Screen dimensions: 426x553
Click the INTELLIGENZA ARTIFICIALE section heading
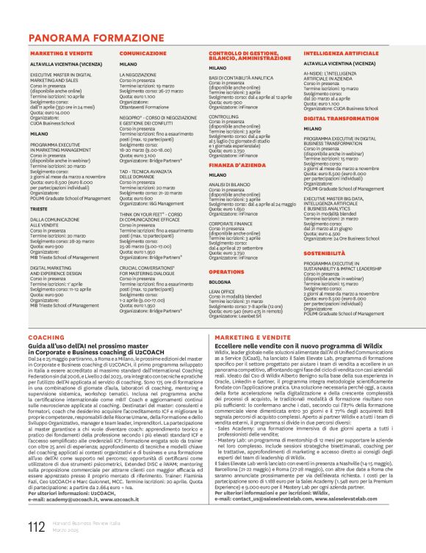point(344,54)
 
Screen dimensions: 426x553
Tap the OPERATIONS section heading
point(226,271)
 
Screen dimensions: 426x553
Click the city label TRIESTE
point(40,208)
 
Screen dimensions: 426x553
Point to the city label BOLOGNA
point(220,282)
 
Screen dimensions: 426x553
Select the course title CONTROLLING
point(224,116)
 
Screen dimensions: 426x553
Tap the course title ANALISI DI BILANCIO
point(231,185)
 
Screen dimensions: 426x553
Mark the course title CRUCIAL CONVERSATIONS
point(151,268)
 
